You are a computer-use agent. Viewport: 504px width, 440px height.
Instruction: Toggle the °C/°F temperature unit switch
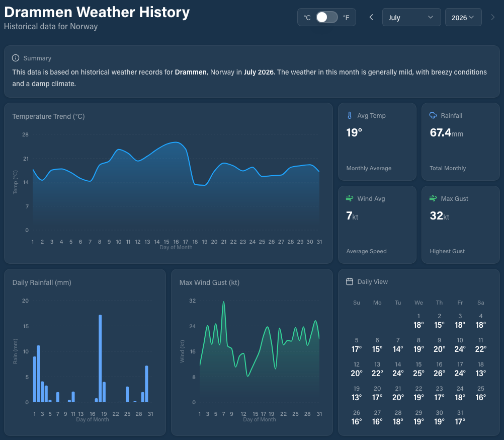(x=326, y=17)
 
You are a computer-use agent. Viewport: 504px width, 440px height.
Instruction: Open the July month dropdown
(x=411, y=17)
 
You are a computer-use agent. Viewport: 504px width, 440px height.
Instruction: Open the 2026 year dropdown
(x=463, y=17)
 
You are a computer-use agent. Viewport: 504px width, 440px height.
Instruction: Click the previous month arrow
(x=371, y=17)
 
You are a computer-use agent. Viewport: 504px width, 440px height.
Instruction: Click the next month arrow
(x=493, y=17)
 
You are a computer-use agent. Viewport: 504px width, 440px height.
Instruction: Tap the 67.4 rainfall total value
(x=440, y=132)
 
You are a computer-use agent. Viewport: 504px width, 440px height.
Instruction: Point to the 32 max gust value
(x=437, y=215)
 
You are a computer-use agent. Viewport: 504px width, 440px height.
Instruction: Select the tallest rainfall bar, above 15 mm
(x=100, y=358)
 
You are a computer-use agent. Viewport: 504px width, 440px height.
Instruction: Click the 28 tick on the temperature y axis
(x=25, y=134)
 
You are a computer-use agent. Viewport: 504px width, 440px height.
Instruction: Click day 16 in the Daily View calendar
(x=439, y=369)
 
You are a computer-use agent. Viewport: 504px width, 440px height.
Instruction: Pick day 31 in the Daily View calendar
(x=460, y=417)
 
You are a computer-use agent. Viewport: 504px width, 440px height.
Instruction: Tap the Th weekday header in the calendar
(x=439, y=303)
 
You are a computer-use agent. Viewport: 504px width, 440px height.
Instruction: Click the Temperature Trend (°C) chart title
(x=48, y=116)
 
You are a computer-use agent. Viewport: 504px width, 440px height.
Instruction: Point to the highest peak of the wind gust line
(x=223, y=302)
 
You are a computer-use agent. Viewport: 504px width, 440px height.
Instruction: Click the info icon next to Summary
(x=16, y=58)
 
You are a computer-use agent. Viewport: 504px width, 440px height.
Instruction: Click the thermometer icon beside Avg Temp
(x=350, y=115)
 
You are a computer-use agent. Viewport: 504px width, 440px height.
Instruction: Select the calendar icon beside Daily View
(x=350, y=281)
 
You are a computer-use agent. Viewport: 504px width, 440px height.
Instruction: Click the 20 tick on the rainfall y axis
(x=25, y=301)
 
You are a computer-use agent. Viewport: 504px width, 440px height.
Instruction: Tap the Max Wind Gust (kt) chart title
(x=209, y=282)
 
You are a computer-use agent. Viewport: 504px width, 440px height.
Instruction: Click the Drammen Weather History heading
(x=97, y=12)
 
